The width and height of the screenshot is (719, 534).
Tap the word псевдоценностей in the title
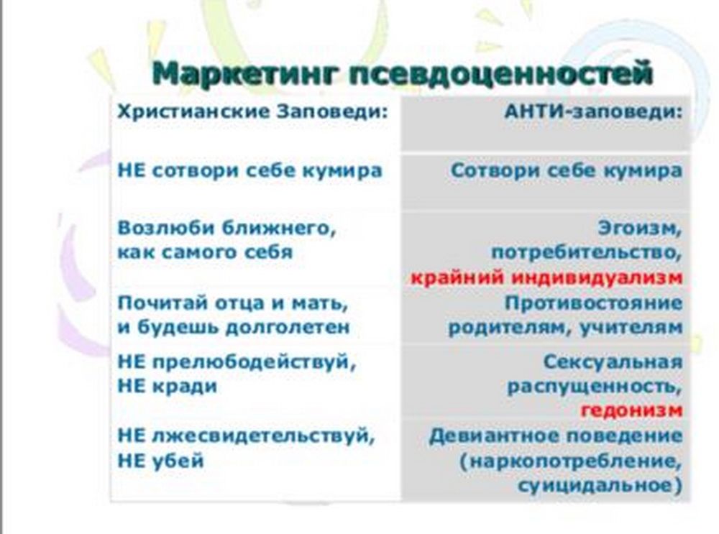click(x=500, y=73)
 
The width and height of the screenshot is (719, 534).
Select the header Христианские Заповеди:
click(x=252, y=112)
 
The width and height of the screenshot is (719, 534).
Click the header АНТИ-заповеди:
click(x=593, y=112)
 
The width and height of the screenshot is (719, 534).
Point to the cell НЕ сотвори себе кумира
click(x=250, y=170)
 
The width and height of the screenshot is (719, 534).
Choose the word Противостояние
click(x=593, y=303)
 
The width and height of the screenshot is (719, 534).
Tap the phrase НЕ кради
click(x=168, y=387)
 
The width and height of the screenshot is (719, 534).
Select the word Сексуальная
click(x=613, y=362)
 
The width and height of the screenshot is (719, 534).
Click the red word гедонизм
click(x=631, y=410)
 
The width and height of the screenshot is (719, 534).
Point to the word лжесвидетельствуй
click(x=263, y=436)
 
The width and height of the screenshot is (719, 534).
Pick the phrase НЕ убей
click(x=160, y=460)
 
